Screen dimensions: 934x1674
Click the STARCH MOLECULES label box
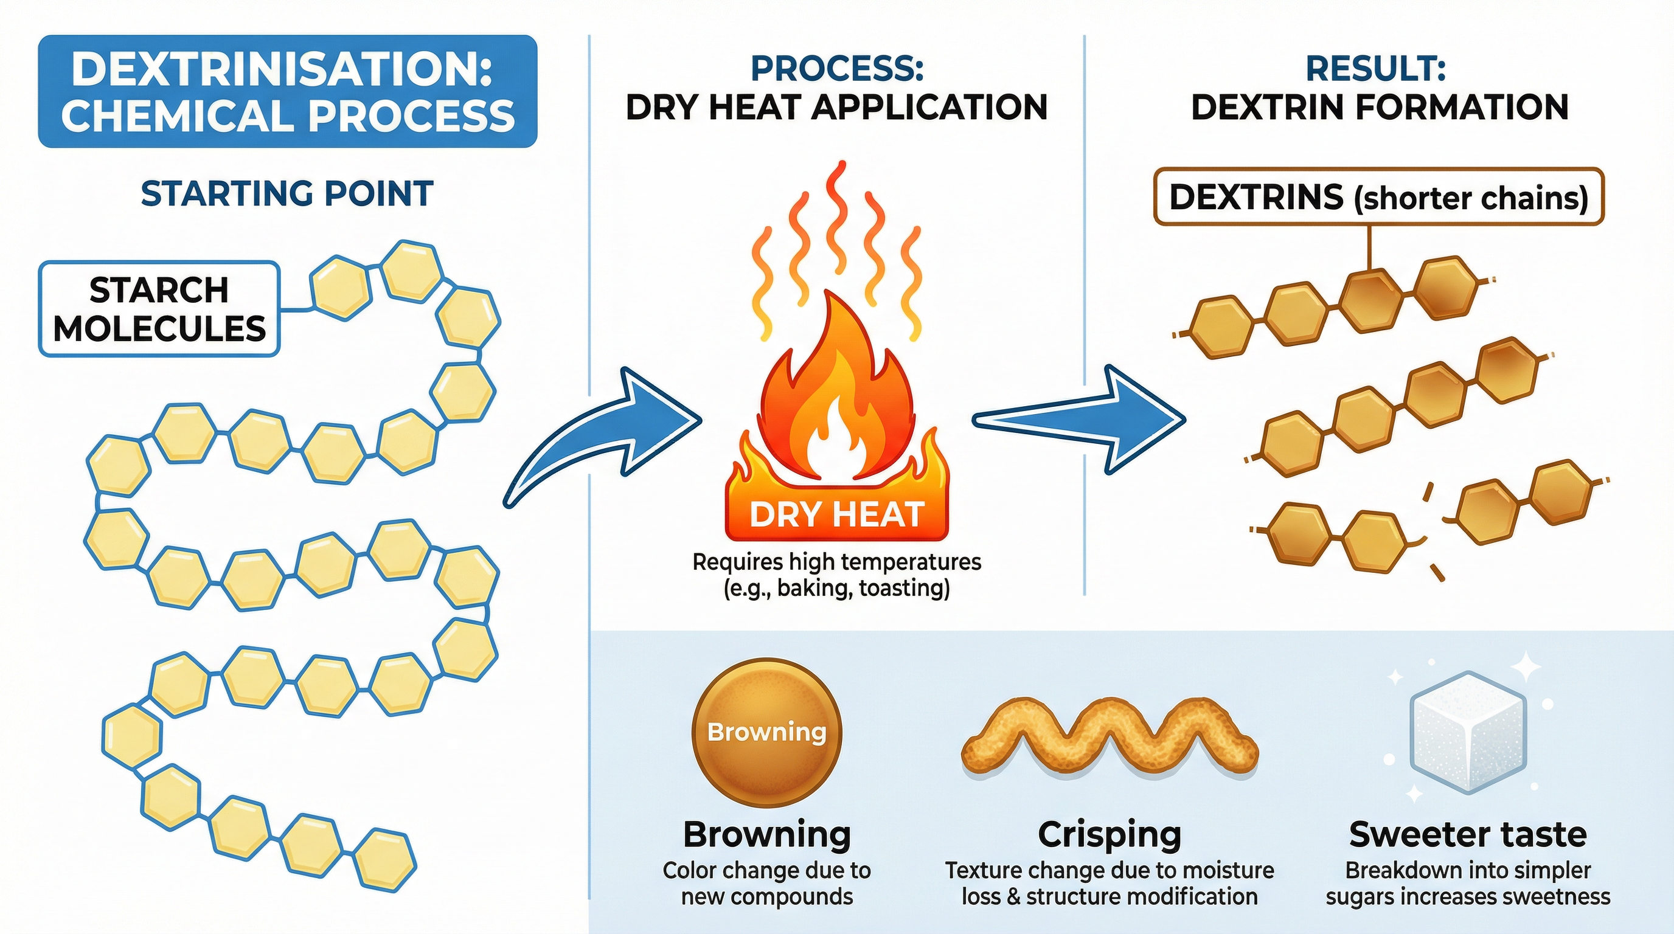point(159,309)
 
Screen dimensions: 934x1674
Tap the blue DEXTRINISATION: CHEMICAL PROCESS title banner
point(287,92)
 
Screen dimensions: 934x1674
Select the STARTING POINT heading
point(287,194)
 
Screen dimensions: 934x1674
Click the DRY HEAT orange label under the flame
point(837,515)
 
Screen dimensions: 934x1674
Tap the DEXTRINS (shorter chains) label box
point(1378,197)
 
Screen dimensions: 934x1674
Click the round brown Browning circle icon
point(767,733)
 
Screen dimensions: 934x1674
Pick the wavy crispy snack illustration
point(1110,737)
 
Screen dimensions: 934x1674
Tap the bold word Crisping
point(1110,835)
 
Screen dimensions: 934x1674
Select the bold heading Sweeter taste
point(1467,835)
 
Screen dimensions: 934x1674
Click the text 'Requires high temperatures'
point(837,561)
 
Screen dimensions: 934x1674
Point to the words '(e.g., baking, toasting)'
point(837,589)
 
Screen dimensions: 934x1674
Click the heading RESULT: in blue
point(1376,69)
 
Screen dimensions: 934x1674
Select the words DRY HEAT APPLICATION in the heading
point(837,107)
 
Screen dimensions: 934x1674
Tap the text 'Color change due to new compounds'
point(767,884)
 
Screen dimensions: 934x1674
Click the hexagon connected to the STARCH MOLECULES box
point(340,288)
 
